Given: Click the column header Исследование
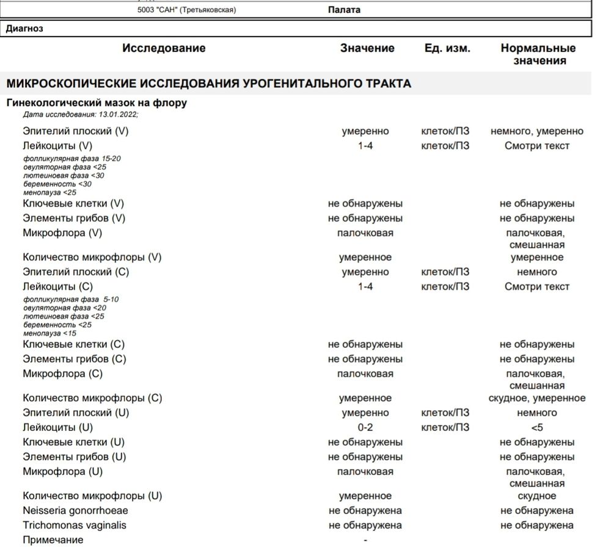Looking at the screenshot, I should click(164, 48).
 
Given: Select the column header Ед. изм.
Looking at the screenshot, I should click(447, 48).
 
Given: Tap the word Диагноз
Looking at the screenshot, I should click(24, 28).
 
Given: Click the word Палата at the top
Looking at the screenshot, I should click(344, 10).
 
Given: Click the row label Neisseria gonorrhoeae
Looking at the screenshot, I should click(75, 511).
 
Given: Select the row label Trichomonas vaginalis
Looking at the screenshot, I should click(75, 526).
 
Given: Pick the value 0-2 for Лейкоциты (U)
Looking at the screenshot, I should click(365, 428).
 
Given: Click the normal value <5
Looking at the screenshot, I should click(536, 428).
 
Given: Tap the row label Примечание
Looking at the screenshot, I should click(53, 540).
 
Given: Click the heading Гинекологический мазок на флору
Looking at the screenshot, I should click(97, 103).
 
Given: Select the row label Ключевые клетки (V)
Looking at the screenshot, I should click(73, 204).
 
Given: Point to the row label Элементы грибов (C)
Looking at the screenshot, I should click(75, 360).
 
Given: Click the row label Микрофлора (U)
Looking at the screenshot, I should click(62, 472).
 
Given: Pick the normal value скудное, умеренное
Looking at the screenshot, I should click(536, 399).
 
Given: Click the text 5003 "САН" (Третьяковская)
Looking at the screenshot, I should click(186, 10).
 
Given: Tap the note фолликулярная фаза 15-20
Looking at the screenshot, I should click(72, 159).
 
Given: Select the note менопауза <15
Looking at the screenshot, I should click(50, 334).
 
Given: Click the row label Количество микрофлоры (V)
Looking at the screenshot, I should click(92, 258).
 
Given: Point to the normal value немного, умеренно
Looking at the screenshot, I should click(536, 131).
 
